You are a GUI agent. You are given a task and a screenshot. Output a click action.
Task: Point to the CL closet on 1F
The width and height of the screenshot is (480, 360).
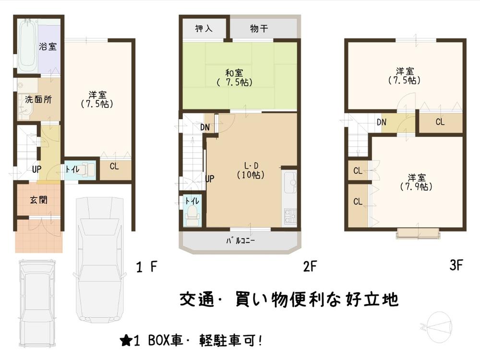(x=114, y=167)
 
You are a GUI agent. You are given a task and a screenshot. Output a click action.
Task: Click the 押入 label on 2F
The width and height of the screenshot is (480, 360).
(x=204, y=29)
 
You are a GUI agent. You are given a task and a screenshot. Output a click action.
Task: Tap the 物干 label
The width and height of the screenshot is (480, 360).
(x=259, y=29)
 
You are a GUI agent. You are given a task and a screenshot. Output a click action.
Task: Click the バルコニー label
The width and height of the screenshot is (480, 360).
(x=240, y=240)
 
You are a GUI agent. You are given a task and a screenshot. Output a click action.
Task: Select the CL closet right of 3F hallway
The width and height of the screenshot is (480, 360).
(x=440, y=122)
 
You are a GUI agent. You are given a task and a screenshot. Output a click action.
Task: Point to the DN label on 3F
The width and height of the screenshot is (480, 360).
(x=382, y=122)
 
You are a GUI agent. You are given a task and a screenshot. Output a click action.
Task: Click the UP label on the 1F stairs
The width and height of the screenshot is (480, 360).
(x=36, y=169)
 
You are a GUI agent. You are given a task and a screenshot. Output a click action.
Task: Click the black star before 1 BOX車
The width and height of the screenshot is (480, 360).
(x=126, y=341)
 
